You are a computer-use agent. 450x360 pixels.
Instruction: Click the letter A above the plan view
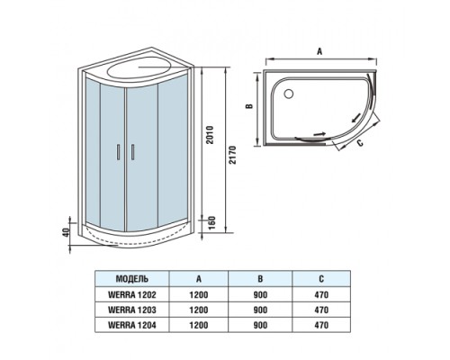click(x=319, y=52)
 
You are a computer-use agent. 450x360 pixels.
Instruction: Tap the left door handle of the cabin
click(x=118, y=153)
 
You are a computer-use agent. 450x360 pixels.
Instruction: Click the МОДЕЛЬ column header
click(x=132, y=280)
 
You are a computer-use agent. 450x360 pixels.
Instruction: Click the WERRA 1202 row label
click(x=132, y=294)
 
